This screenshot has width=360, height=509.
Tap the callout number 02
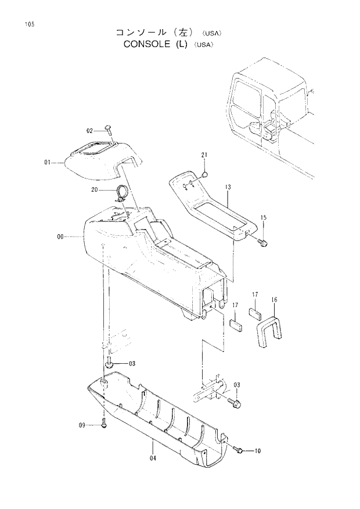pyautogui.click(x=91, y=131)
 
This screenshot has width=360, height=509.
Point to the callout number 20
pyautogui.click(x=95, y=189)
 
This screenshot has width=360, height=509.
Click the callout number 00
pyautogui.click(x=61, y=236)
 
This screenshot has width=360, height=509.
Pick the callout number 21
pyautogui.click(x=204, y=155)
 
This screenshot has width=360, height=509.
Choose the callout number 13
pyautogui.click(x=228, y=187)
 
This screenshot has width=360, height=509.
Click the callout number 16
pyautogui.click(x=274, y=300)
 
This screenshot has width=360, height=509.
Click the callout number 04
pyautogui.click(x=153, y=458)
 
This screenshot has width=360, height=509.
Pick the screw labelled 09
pyautogui.click(x=104, y=424)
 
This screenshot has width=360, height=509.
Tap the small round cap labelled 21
pyautogui.click(x=205, y=174)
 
